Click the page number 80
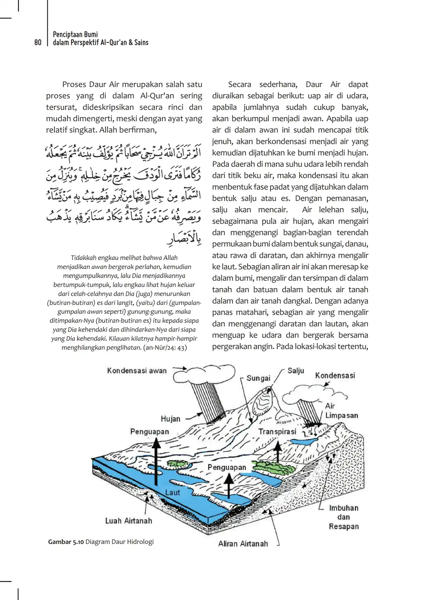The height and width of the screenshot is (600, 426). [x=37, y=42]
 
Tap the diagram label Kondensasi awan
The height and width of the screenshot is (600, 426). [x=137, y=370]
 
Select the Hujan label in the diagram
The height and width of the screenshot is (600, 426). [x=170, y=419]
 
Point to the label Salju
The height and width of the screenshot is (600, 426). [x=296, y=371]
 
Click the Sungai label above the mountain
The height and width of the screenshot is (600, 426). [x=258, y=378]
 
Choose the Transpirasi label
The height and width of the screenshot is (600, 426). [x=277, y=432]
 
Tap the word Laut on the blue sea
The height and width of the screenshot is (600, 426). [x=172, y=492]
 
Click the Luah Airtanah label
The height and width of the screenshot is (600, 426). [x=128, y=521]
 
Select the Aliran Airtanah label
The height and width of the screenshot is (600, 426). [x=243, y=543]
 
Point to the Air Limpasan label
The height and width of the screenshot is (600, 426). [x=341, y=411]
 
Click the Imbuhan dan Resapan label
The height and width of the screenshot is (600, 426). [x=343, y=517]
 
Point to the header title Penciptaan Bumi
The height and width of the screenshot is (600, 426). [x=75, y=34]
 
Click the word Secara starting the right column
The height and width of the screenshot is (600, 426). [x=240, y=84]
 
